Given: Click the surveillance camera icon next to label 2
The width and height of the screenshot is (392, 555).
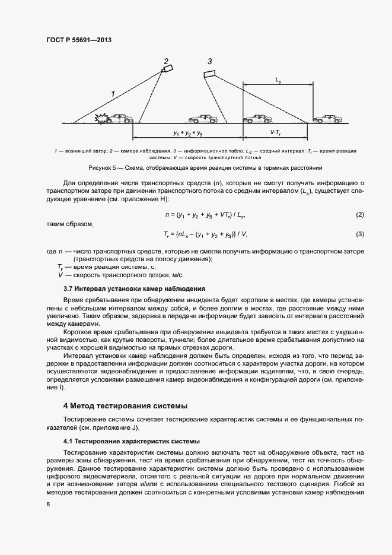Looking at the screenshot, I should pyautogui.click(x=168, y=70).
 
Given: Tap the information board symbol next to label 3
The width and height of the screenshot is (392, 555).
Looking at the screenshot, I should pyautogui.click(x=209, y=74).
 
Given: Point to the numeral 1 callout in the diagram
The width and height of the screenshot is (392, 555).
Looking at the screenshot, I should pyautogui.click(x=112, y=93).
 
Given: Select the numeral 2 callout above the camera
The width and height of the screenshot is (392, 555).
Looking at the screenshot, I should pyautogui.click(x=167, y=60).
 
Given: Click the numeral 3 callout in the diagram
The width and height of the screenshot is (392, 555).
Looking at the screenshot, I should pyautogui.click(x=210, y=61).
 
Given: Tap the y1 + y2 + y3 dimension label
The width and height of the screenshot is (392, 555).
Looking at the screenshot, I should pyautogui.click(x=188, y=134).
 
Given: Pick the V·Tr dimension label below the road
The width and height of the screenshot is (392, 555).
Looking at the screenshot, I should pyautogui.click(x=276, y=134).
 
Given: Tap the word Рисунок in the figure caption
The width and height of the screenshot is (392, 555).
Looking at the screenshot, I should pyautogui.click(x=99, y=168).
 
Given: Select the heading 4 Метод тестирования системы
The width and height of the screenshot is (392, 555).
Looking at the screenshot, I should pyautogui.click(x=125, y=406).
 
